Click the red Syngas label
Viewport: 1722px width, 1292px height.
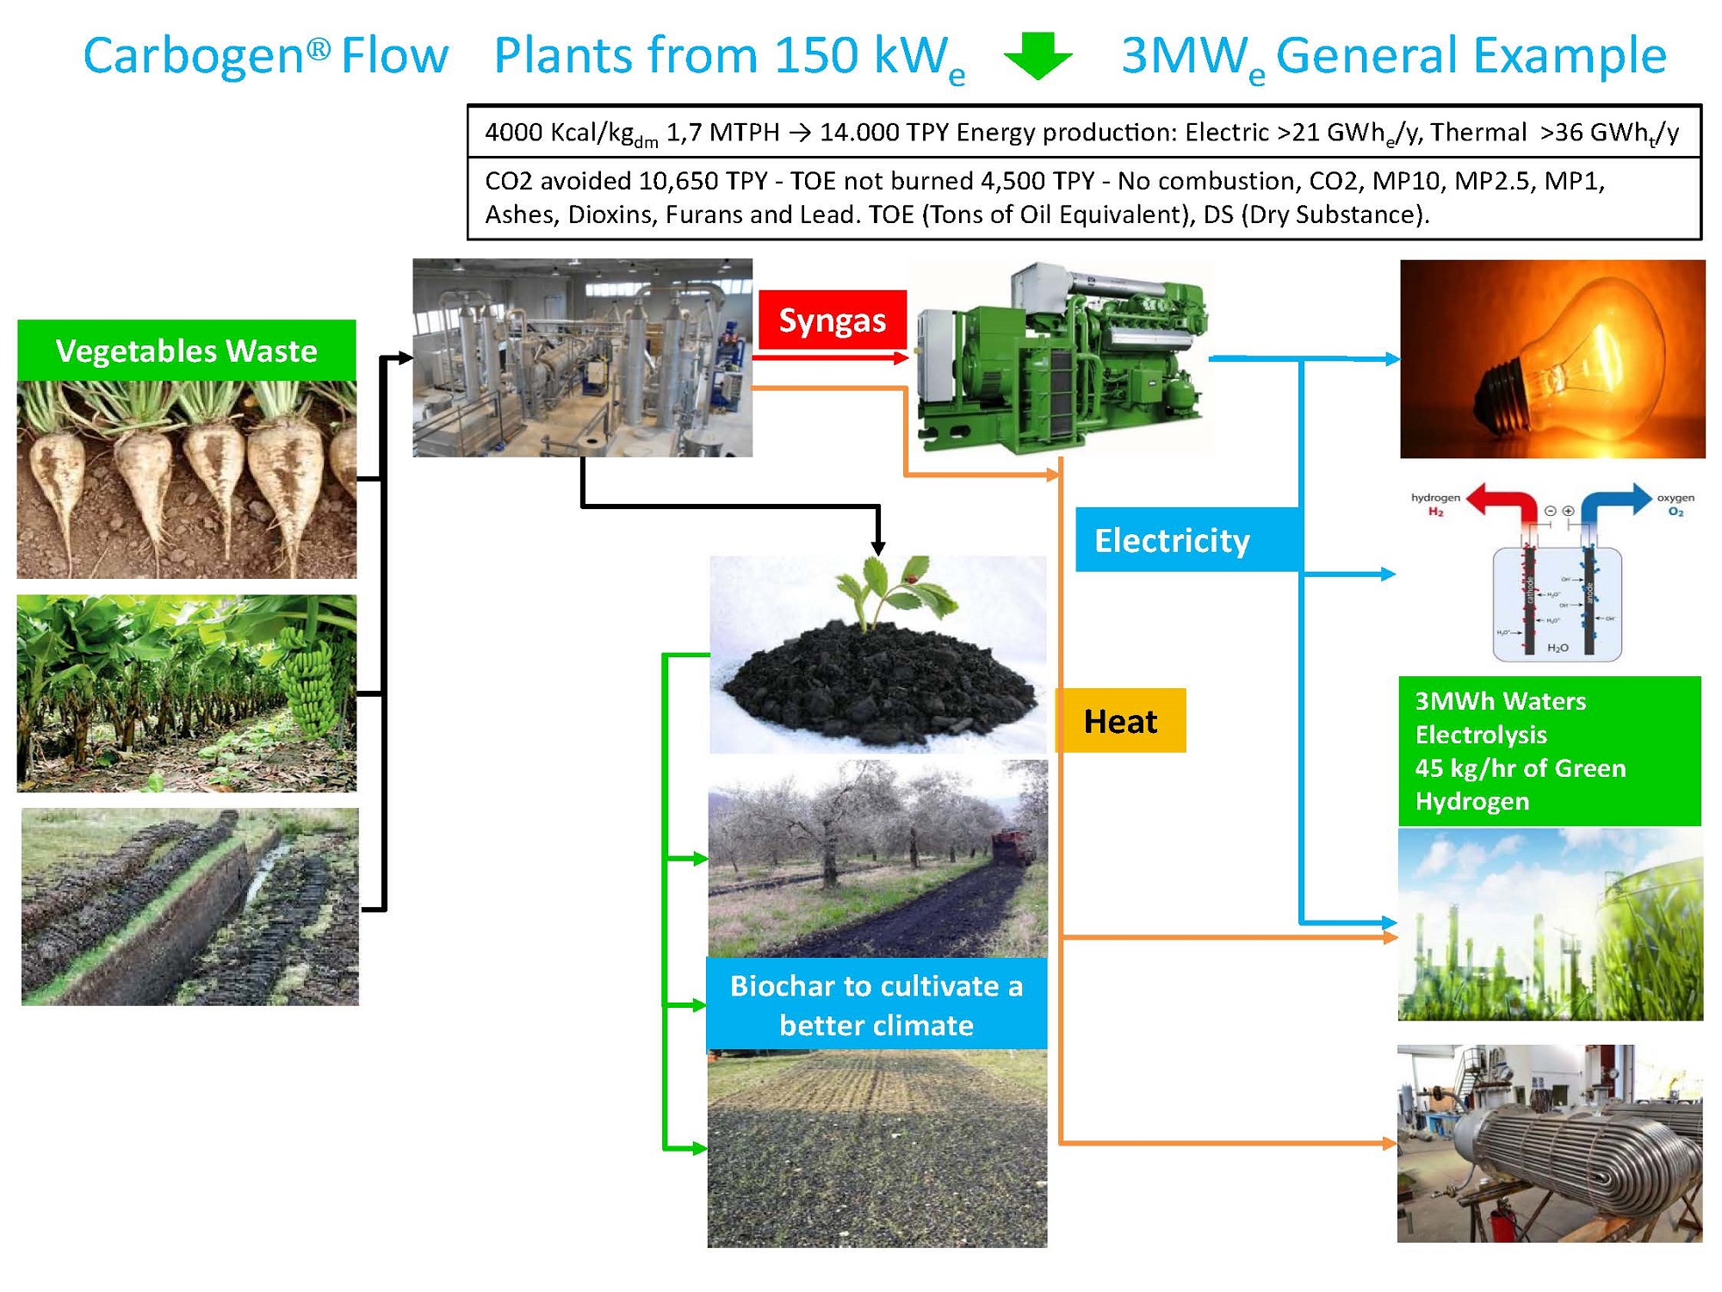point(832,320)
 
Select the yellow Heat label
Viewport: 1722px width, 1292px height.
point(1120,721)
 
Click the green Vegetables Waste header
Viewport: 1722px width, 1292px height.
point(186,351)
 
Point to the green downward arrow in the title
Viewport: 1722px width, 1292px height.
point(1038,57)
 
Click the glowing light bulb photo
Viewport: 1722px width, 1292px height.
point(1552,358)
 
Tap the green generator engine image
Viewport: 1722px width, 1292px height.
point(1062,358)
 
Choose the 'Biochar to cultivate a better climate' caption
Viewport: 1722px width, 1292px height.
point(876,1004)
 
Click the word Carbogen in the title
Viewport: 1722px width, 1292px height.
point(194,56)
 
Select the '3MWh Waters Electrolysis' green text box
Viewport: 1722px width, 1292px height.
point(1549,750)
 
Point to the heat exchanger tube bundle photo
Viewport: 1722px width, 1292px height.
point(1550,1144)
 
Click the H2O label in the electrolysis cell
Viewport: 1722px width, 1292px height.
point(1558,648)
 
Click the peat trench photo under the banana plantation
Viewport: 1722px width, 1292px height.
point(189,906)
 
